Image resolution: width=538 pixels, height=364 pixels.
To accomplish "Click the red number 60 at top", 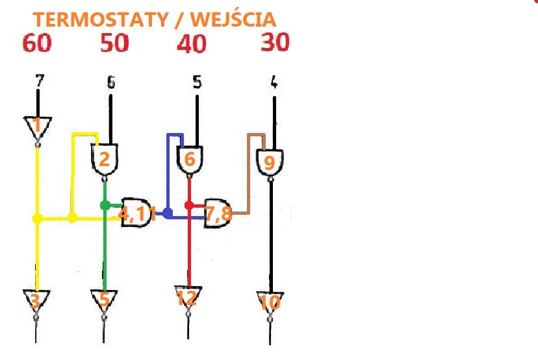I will (x=38, y=44).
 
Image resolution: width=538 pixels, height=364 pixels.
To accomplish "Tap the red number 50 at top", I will (x=114, y=43).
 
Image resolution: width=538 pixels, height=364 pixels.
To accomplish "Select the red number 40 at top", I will (x=192, y=44).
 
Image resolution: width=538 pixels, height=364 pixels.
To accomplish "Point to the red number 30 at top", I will (x=275, y=43).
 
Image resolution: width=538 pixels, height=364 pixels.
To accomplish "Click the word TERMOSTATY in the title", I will (x=100, y=20).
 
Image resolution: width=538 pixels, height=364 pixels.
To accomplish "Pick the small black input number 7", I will (x=40, y=81).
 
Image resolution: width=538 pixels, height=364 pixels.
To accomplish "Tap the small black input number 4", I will (x=274, y=82).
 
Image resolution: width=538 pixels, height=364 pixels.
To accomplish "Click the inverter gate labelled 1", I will (x=38, y=127).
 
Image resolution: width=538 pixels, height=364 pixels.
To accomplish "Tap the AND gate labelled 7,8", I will (x=218, y=212).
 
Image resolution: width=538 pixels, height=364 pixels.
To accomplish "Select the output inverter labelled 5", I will (x=104, y=300).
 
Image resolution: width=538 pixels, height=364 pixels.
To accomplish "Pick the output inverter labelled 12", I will (x=187, y=298).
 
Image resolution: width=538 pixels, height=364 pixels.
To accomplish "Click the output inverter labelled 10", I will (x=270, y=302).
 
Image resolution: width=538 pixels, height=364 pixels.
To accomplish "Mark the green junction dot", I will (x=105, y=205).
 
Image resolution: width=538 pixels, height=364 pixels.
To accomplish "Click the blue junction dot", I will (x=168, y=213).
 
